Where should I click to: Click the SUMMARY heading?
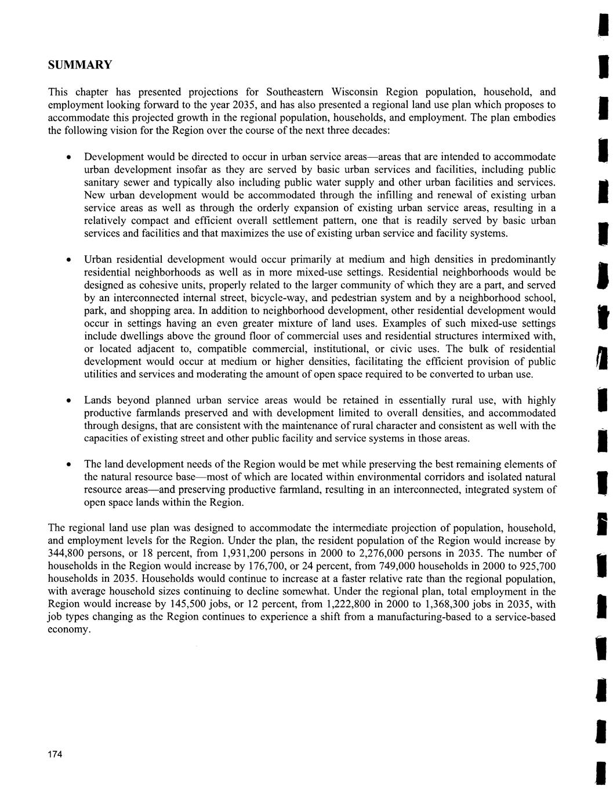[x=79, y=64]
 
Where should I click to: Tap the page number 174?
[x=55, y=754]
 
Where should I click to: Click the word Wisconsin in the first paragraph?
[x=355, y=92]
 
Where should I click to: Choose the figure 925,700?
[x=535, y=566]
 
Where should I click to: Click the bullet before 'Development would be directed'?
[x=69, y=158]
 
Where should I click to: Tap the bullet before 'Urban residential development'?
[x=69, y=259]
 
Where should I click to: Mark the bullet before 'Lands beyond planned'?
[x=69, y=401]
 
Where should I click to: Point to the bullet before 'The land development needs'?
[x=69, y=465]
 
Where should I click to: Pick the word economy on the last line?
[x=68, y=630]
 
